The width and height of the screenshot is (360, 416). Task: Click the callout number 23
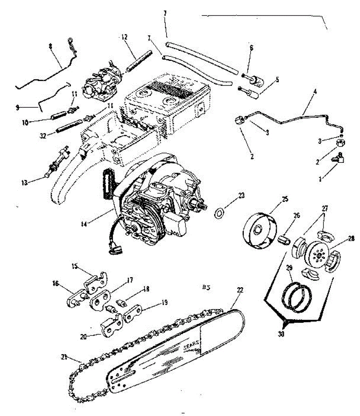[241, 196]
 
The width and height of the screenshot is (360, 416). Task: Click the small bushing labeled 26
[284, 240]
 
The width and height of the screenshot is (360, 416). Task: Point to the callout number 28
[351, 239]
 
